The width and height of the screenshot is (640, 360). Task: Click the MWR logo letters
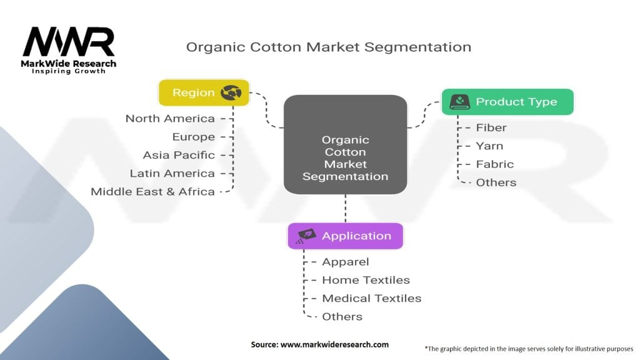click(x=69, y=42)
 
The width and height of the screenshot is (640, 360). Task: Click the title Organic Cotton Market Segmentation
click(x=328, y=47)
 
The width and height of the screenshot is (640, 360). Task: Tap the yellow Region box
click(x=204, y=92)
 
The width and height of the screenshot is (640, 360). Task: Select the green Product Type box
click(x=507, y=102)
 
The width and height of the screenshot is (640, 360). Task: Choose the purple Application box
click(x=345, y=236)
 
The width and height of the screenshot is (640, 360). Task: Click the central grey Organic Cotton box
click(x=345, y=144)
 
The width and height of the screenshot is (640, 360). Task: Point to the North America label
click(x=170, y=118)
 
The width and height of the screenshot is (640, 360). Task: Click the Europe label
click(x=194, y=137)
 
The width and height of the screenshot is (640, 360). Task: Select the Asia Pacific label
click(x=179, y=155)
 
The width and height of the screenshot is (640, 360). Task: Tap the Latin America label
click(x=172, y=173)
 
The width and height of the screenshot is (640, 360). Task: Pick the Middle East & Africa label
click(x=152, y=191)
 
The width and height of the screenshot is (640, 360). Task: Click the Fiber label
click(x=491, y=127)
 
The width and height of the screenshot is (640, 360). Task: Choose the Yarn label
click(x=489, y=146)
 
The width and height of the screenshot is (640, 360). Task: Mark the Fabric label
click(x=495, y=164)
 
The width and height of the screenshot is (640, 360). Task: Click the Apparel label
click(x=346, y=262)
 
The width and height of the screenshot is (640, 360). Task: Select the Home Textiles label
click(x=366, y=280)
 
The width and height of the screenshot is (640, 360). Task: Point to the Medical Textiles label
click(x=371, y=298)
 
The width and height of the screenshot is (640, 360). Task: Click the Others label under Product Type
click(x=496, y=182)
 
